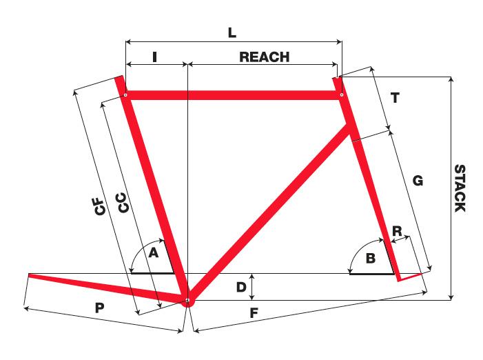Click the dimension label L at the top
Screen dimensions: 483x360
(233, 32)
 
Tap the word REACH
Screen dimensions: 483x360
(264, 58)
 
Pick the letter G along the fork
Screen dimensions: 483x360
(417, 181)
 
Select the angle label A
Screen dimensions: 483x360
(154, 254)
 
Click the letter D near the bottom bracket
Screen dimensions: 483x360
(240, 286)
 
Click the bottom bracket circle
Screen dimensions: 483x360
(187, 300)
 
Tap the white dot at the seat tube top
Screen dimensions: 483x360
(125, 95)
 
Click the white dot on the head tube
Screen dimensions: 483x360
(341, 95)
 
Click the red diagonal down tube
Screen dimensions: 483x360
(269, 214)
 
